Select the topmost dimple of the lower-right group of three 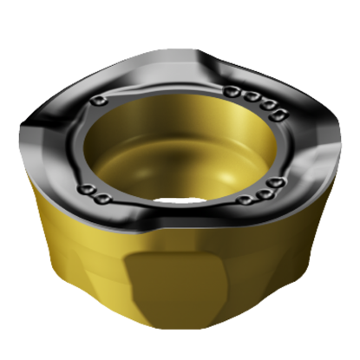tap(276, 183)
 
